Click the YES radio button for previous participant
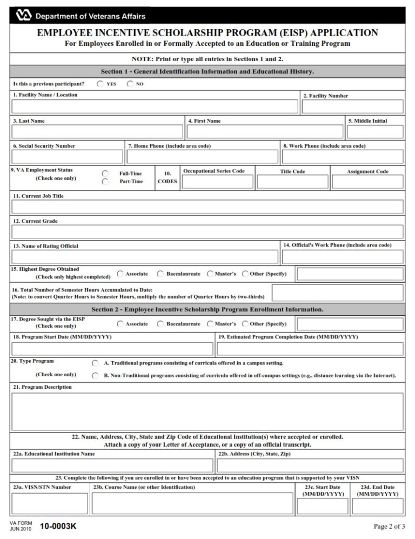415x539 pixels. [101, 84]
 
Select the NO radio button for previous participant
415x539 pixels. [130, 84]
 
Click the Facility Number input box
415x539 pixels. [352, 107]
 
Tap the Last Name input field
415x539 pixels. [97, 132]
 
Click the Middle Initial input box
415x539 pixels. [375, 132]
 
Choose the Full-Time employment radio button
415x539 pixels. [105, 174]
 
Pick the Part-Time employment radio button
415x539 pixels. [105, 182]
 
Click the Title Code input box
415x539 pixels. [292, 182]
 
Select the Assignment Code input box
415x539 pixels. [367, 182]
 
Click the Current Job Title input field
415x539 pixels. [207, 207]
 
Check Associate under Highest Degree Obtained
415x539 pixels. [120, 274]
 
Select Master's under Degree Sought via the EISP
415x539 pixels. [210, 324]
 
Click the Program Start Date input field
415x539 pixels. [112, 349]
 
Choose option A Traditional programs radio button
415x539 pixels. [95, 363]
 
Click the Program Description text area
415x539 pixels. [207, 411]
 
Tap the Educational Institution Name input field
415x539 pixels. [112, 465]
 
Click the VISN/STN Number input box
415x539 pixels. [49, 503]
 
